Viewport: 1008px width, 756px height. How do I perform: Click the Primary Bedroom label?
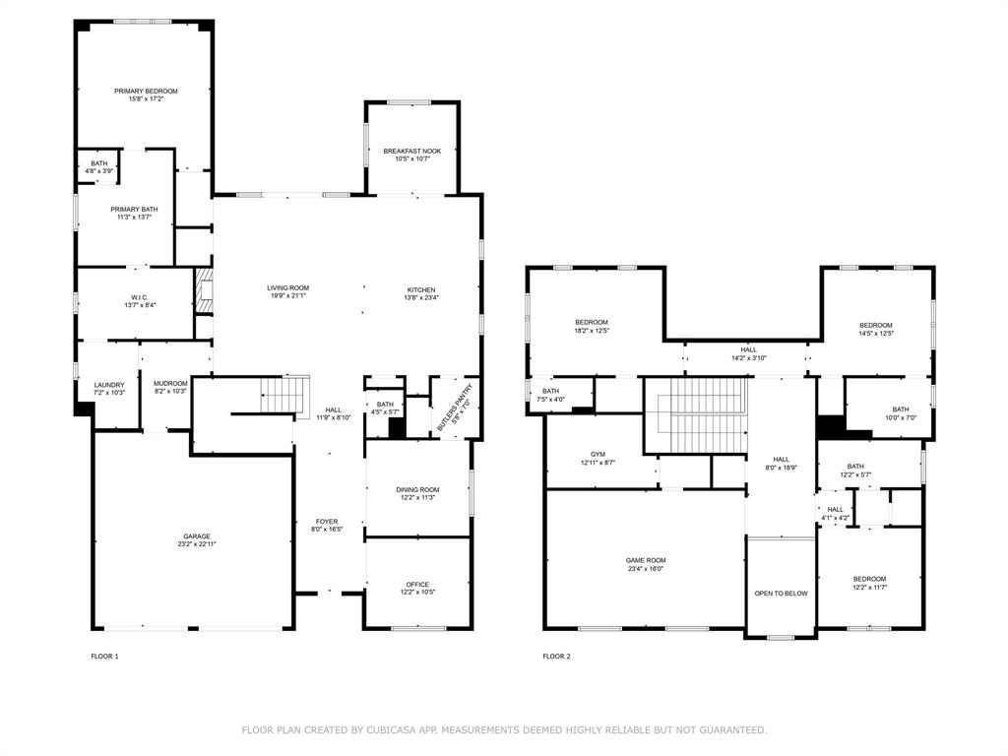146,92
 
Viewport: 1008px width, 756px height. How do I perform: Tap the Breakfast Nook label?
412,152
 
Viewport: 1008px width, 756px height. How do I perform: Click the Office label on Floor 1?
417,585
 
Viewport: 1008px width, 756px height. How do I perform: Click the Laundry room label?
109,385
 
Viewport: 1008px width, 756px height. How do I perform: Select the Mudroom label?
170,384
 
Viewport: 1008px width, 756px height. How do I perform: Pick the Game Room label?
647,561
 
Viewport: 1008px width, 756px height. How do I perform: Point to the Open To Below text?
781,594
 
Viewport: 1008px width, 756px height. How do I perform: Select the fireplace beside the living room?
203,292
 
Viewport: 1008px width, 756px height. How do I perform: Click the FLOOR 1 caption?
104,657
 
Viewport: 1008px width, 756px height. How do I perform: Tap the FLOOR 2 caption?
556,657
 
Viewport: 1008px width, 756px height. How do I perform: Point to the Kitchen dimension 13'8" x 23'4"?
422,297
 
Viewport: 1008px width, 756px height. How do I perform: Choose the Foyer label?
327,522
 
